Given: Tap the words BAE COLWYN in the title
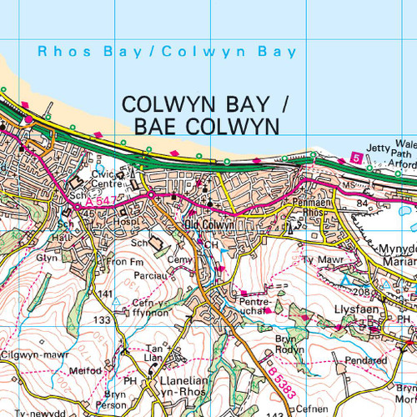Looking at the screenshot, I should [203, 126].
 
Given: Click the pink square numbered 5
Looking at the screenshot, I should [356, 158].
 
